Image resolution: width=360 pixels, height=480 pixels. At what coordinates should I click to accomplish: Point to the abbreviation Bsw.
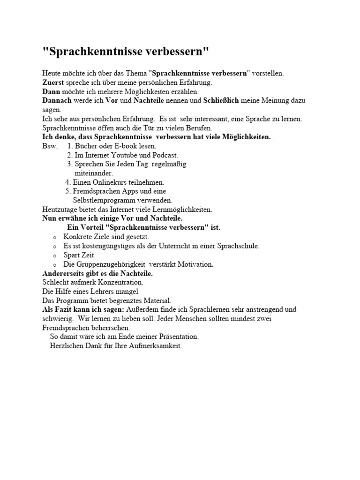pos(50,146)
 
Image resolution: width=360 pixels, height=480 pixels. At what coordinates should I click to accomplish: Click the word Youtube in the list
pos(121,155)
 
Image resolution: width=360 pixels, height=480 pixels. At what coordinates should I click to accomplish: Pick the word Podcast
pos(164,155)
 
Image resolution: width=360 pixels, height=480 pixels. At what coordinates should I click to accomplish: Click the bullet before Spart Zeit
pos(55,256)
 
